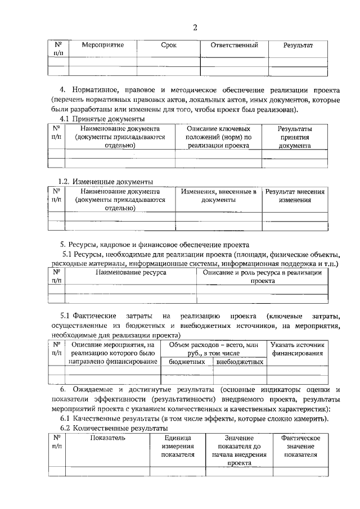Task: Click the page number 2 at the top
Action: click(x=195, y=28)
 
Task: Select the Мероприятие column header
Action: click(x=102, y=44)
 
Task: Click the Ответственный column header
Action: click(x=234, y=44)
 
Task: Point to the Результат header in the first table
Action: click(x=298, y=44)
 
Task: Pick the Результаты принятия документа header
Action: click(x=295, y=137)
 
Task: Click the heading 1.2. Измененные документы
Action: click(x=106, y=181)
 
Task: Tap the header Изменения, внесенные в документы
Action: click(x=218, y=196)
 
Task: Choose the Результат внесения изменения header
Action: click(x=295, y=196)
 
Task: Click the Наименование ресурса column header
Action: click(x=130, y=272)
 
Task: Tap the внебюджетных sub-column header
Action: click(x=240, y=362)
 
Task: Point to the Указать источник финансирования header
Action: click(x=297, y=349)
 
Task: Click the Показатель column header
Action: click(x=107, y=438)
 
